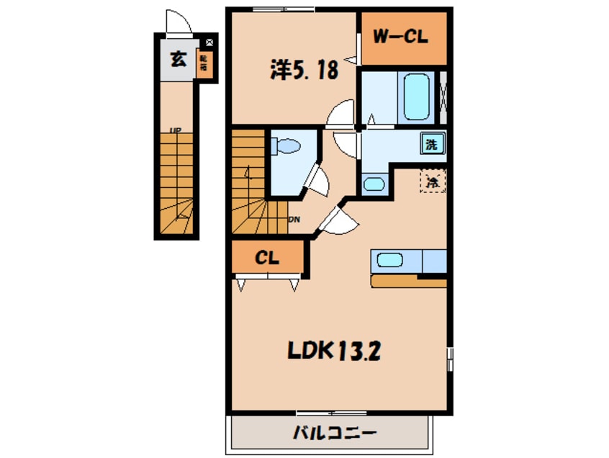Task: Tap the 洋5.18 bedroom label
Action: (303, 69)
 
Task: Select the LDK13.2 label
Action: (335, 351)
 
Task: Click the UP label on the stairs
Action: (175, 130)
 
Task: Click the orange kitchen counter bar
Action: (409, 280)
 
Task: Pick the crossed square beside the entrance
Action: (209, 42)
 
